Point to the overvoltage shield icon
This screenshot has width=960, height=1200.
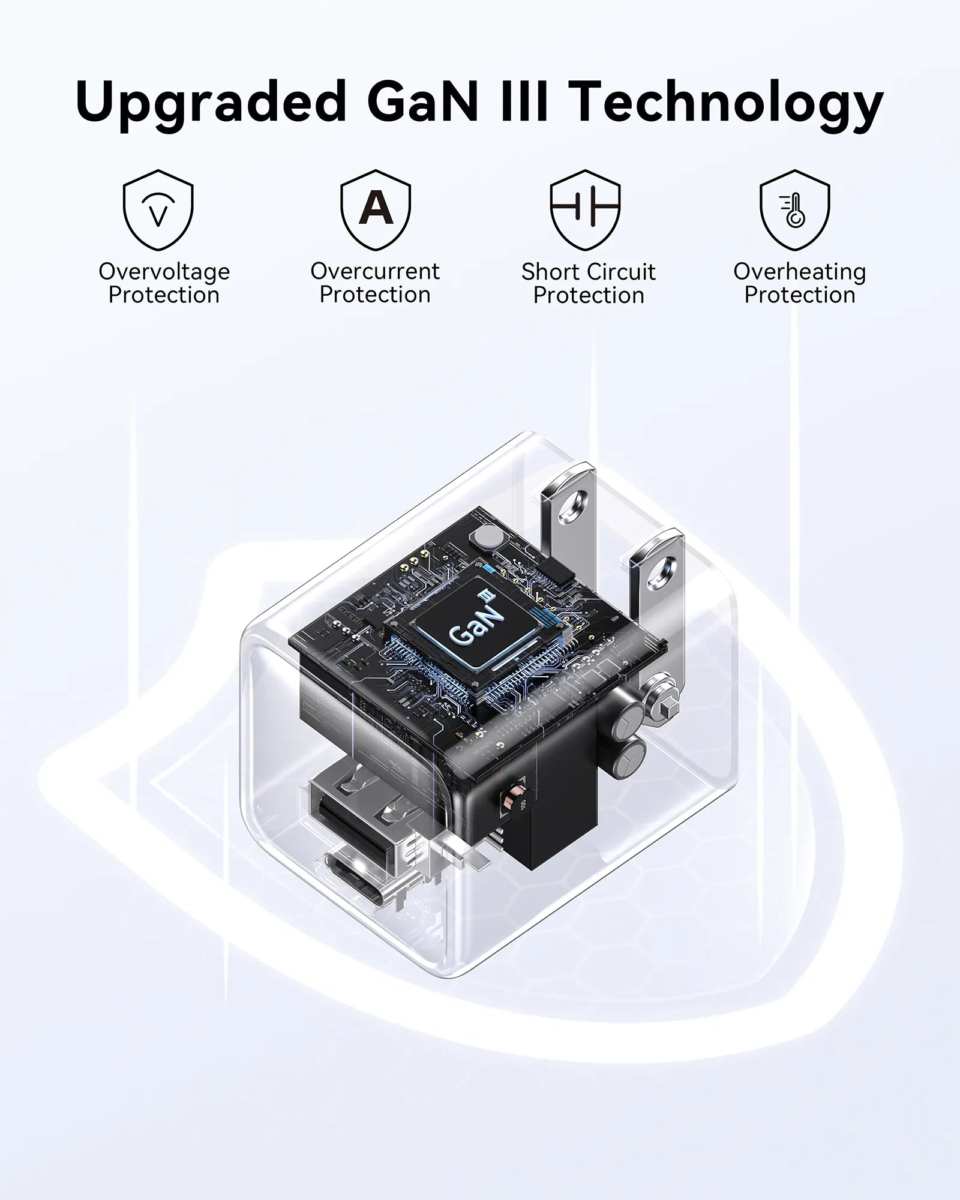[x=158, y=209]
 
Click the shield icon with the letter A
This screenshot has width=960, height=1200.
[x=376, y=209]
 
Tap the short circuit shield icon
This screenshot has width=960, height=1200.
[x=585, y=209]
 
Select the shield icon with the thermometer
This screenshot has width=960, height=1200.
[x=795, y=209]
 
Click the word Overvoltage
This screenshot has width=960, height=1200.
[x=164, y=272]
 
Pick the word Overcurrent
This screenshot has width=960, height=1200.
[x=375, y=271]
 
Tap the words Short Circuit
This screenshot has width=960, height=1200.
[x=588, y=272]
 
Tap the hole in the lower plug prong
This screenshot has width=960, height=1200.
[x=664, y=571]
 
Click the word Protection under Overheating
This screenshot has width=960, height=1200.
[x=800, y=296]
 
